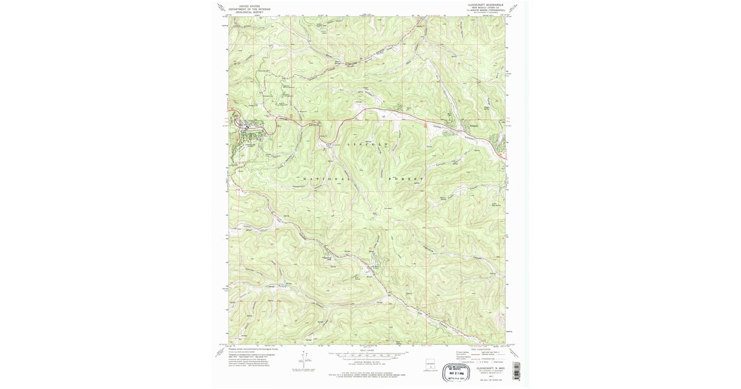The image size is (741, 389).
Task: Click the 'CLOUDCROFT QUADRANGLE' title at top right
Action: (485, 4)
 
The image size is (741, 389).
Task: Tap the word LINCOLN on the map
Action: (369, 144)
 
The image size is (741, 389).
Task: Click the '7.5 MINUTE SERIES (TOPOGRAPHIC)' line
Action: (485, 10)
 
